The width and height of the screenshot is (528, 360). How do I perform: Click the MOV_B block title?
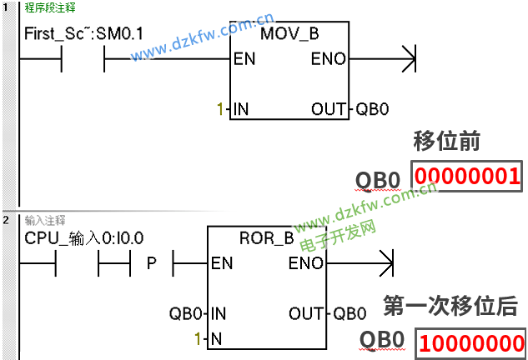point(289,34)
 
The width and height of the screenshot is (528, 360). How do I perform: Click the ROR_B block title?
point(267,238)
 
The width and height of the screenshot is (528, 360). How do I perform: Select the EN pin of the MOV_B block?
point(245,59)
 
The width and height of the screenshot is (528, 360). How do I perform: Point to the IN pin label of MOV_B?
point(242,109)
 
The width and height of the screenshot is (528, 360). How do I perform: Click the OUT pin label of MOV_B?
point(327,109)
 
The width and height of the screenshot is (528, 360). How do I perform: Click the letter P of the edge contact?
point(152,263)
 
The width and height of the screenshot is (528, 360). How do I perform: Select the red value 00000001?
point(468,177)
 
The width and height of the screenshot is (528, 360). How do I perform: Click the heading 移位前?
point(446,139)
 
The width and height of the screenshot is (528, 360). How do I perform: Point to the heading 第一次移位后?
point(455,305)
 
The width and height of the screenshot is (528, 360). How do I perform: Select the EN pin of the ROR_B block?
point(222,263)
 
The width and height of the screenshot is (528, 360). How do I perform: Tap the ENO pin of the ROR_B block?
point(304,263)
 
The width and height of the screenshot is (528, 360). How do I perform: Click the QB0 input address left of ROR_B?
point(185,313)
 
